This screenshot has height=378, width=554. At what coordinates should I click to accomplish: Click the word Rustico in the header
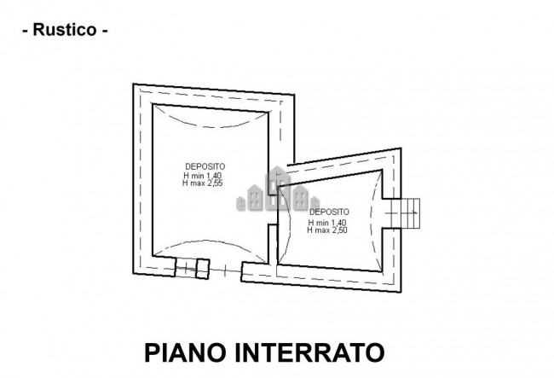[65, 30]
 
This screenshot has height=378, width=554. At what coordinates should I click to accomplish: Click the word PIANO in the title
[185, 352]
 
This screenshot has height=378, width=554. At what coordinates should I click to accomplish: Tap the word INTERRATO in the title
[309, 352]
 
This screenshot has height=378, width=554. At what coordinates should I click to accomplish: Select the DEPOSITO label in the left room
[205, 166]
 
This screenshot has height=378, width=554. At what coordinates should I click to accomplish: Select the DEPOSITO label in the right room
[329, 212]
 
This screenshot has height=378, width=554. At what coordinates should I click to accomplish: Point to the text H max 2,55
[203, 183]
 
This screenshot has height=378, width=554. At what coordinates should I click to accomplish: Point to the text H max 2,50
[327, 230]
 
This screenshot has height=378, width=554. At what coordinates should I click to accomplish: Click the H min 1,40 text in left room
[203, 176]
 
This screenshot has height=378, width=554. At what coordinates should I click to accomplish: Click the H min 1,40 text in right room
[327, 223]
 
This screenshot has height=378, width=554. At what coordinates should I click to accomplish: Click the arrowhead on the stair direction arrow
[415, 212]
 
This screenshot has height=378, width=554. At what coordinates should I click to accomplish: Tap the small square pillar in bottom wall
[203, 269]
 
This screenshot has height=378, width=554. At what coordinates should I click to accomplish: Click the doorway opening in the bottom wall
[225, 270]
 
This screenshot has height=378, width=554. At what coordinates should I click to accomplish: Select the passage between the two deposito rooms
[273, 209]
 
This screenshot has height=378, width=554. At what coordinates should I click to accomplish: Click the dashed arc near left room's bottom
[211, 244]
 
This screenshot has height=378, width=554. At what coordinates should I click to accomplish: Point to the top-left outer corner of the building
[133, 84]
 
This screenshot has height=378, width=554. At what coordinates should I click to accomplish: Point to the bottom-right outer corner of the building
[401, 292]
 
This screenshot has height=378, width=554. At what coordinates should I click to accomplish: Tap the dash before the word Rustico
[25, 31]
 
